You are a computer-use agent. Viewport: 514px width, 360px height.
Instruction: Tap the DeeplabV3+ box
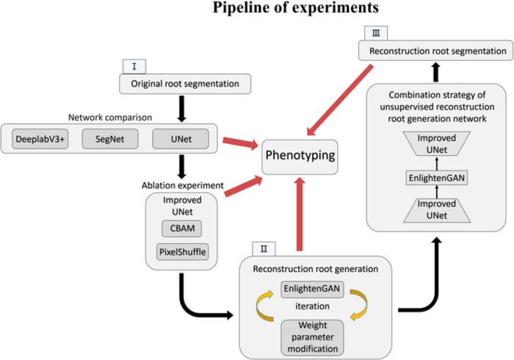(40, 138)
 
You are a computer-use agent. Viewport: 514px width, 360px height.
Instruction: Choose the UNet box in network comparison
(180, 138)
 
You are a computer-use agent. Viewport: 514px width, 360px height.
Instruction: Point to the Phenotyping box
(301, 156)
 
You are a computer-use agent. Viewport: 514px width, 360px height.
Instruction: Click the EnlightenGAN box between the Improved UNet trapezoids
(438, 177)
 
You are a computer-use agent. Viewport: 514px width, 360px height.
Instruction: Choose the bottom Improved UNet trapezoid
(438, 209)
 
